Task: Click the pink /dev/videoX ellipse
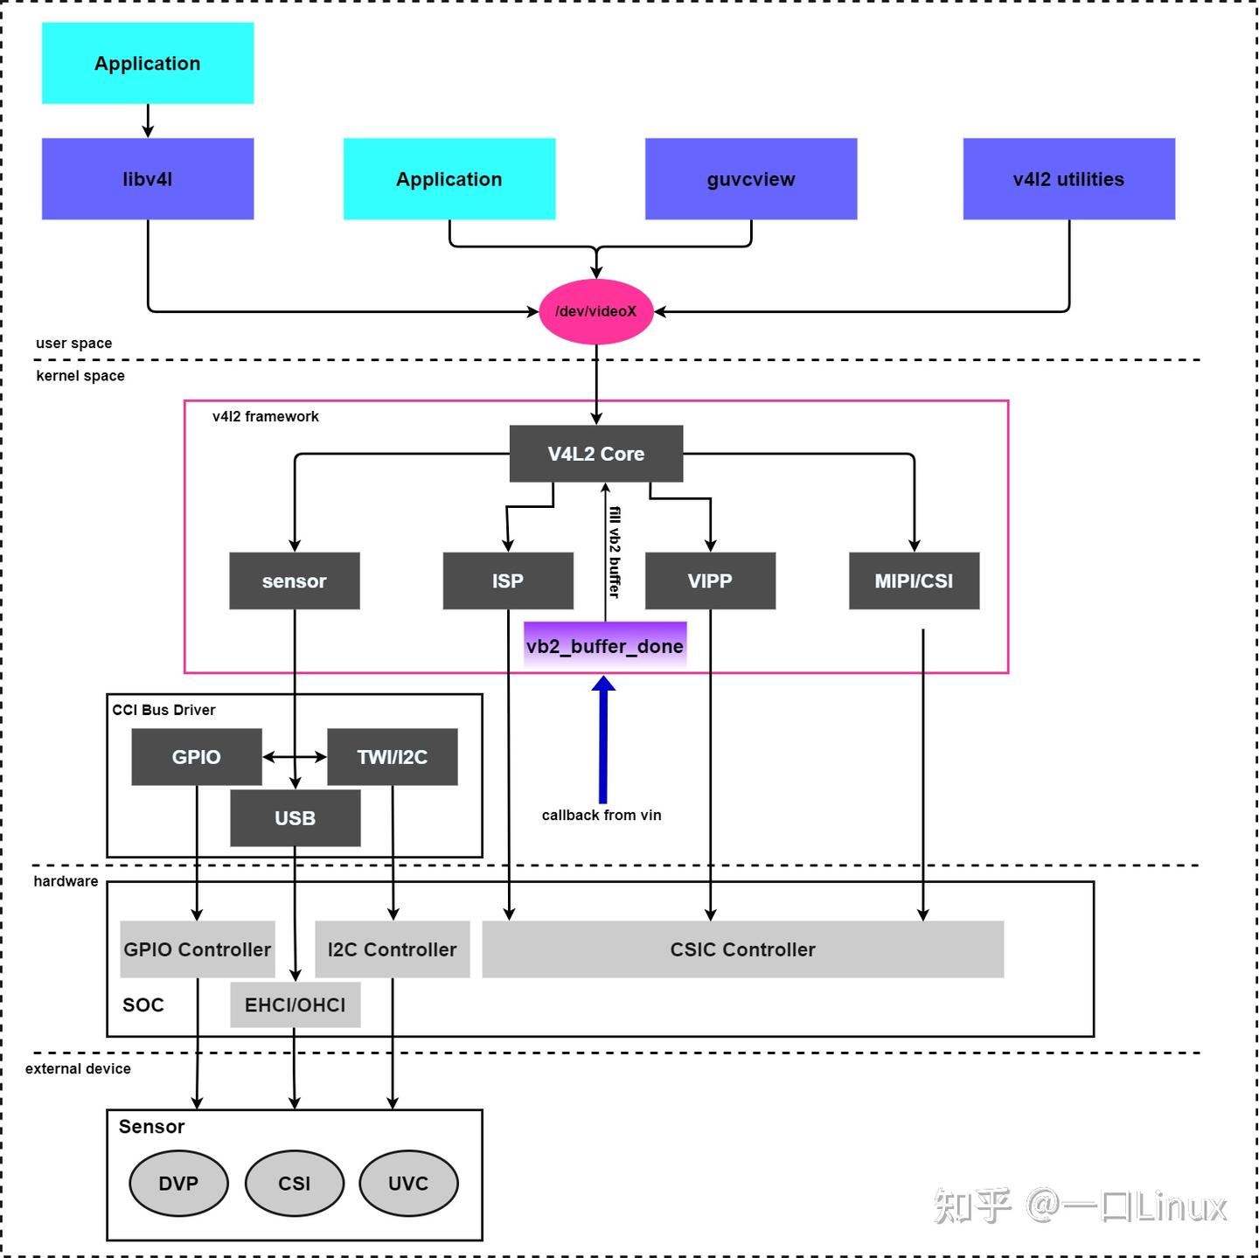click(595, 311)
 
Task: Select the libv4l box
click(148, 178)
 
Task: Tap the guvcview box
click(751, 178)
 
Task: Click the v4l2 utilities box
click(1068, 178)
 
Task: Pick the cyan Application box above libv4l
click(148, 63)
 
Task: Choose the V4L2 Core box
click(595, 454)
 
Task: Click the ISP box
click(508, 580)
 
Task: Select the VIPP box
click(710, 580)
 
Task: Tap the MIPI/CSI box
click(914, 580)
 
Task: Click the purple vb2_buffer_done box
click(605, 646)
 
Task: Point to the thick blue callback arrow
click(603, 743)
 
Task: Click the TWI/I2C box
click(392, 757)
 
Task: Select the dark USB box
click(296, 818)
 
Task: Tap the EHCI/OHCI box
click(296, 1005)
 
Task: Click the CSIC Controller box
click(742, 949)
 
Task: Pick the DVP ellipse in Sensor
click(178, 1183)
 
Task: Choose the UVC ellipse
click(408, 1183)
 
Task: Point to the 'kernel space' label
click(80, 376)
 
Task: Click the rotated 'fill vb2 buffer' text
click(615, 553)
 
